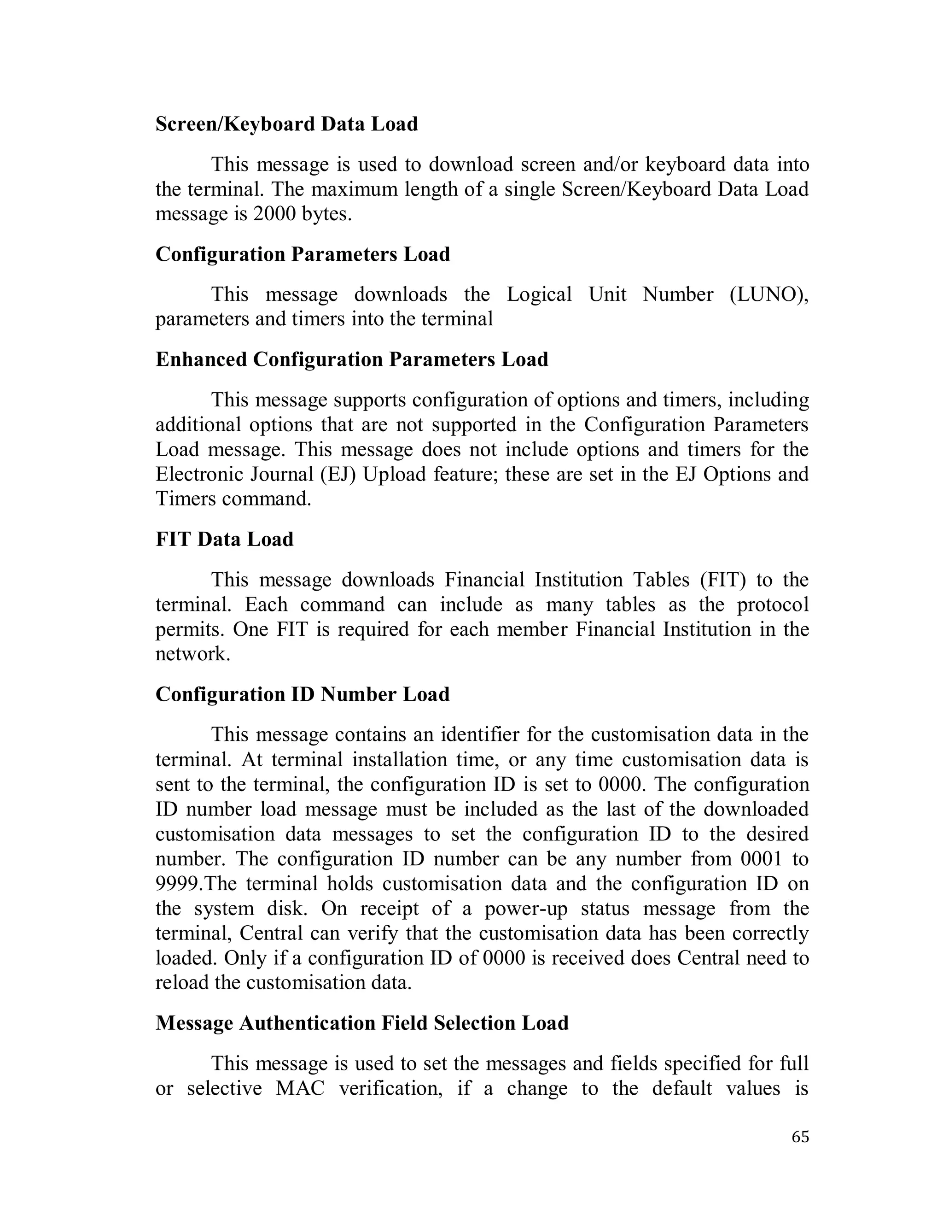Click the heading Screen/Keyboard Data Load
(286, 124)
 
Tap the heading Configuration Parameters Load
(302, 254)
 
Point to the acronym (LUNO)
(768, 294)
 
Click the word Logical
(539, 294)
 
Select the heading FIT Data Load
(224, 540)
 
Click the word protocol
(773, 605)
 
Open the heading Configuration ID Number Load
(302, 694)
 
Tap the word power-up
(526, 909)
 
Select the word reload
(181, 982)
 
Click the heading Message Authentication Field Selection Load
(361, 1023)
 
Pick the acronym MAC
(300, 1088)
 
